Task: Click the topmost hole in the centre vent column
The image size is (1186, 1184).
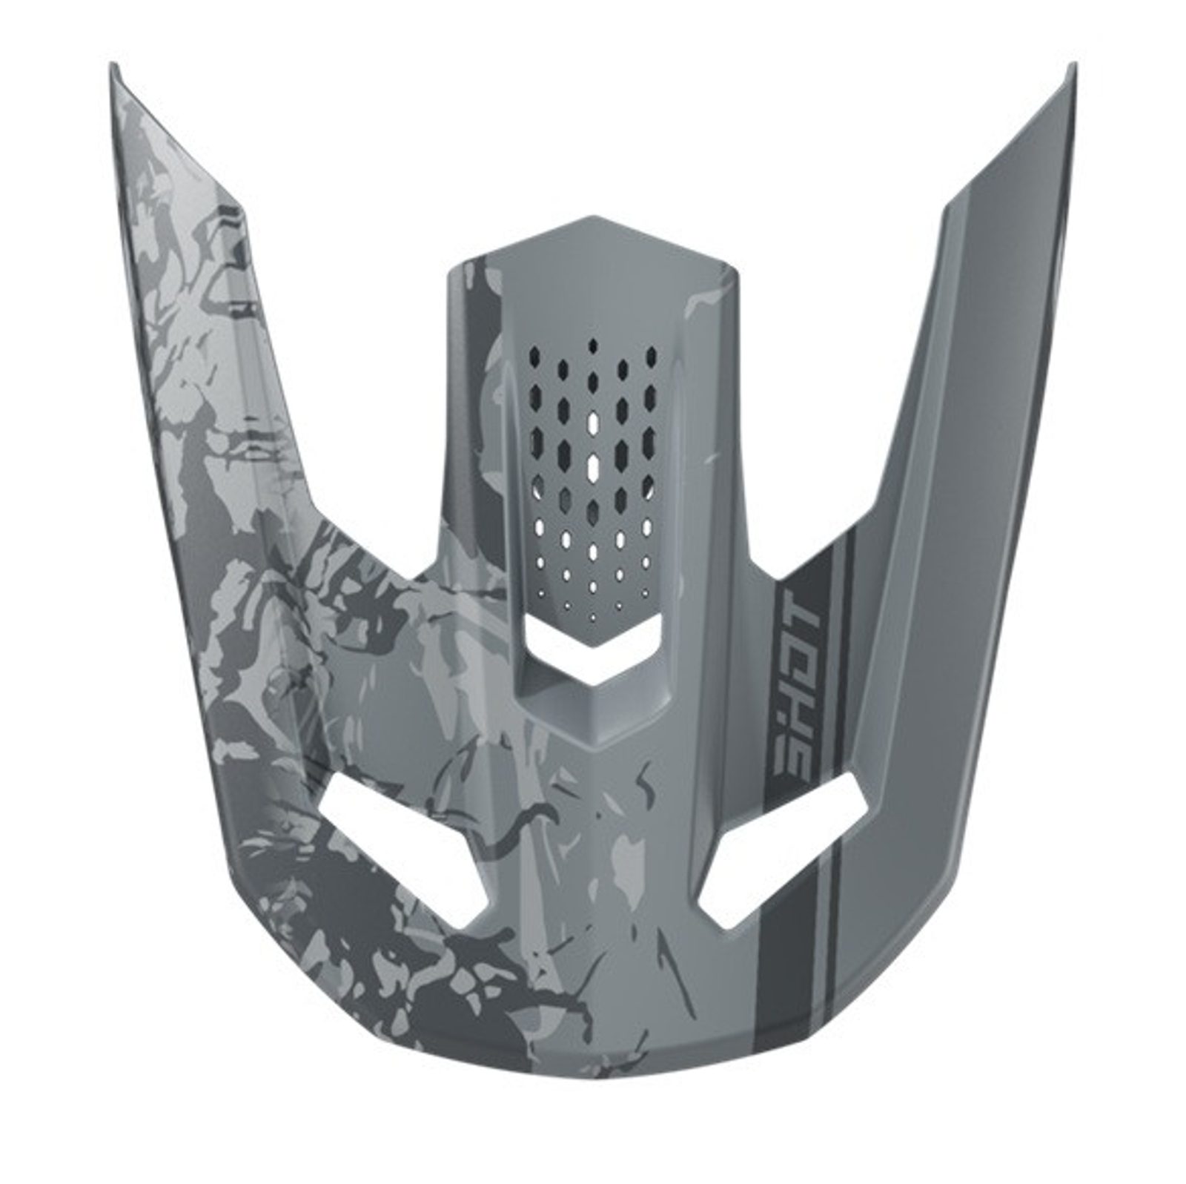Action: pos(593,347)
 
